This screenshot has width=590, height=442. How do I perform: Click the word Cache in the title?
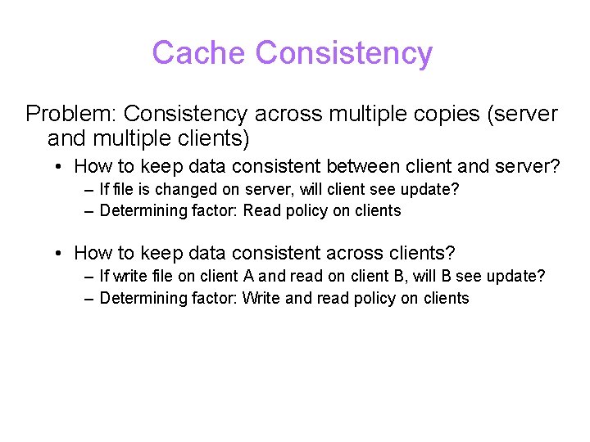199,53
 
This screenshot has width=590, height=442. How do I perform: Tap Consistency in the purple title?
343,53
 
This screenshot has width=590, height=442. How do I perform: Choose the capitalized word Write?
261,298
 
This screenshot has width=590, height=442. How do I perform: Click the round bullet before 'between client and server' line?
61,167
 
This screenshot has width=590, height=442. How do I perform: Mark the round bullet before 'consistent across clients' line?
61,255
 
